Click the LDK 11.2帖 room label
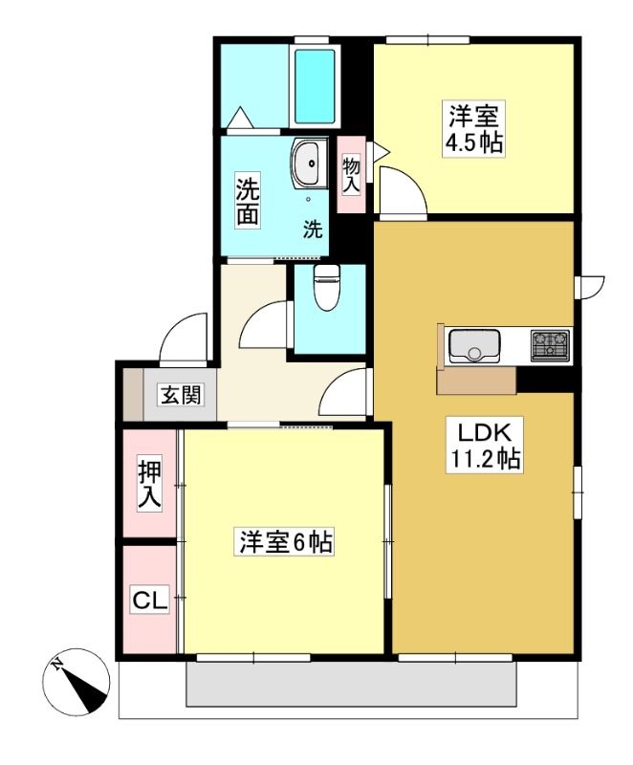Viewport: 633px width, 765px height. tap(485, 445)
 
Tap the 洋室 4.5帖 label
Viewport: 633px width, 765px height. tap(473, 128)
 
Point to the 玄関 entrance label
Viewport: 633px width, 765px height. tap(181, 395)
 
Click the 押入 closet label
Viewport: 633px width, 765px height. tap(149, 486)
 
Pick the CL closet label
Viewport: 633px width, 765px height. tap(150, 600)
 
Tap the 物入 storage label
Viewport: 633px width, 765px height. tap(351, 176)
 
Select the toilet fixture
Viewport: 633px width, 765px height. tap(325, 287)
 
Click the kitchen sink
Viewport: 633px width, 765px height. tap(474, 345)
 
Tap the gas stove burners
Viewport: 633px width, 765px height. tap(550, 345)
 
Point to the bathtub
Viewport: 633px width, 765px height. tap(315, 87)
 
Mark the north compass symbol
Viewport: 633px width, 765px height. tap(77, 682)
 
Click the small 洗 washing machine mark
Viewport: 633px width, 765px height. tap(313, 229)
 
